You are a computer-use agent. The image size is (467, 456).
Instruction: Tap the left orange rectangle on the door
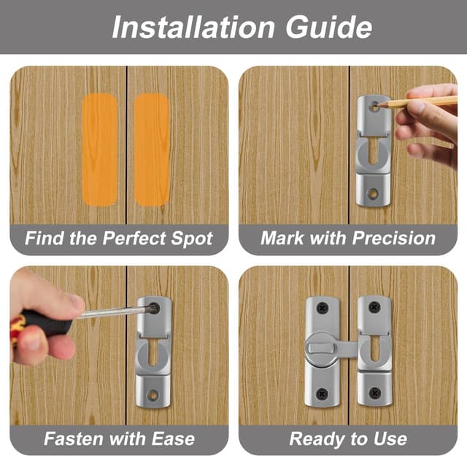[99, 149]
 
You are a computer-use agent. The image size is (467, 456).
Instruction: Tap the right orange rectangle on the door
[151, 149]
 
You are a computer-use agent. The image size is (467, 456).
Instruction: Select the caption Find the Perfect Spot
[118, 239]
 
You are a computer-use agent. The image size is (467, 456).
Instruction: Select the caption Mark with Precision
[348, 239]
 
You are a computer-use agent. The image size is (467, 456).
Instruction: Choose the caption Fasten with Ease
[118, 438]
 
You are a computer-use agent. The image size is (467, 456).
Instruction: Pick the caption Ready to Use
[348, 438]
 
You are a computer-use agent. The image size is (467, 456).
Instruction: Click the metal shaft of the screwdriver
[109, 312]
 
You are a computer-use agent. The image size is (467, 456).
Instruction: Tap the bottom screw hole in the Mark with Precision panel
[373, 195]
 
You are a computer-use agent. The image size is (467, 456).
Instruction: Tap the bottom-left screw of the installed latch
[322, 395]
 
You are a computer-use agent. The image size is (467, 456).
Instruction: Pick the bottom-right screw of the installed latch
[375, 395]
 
